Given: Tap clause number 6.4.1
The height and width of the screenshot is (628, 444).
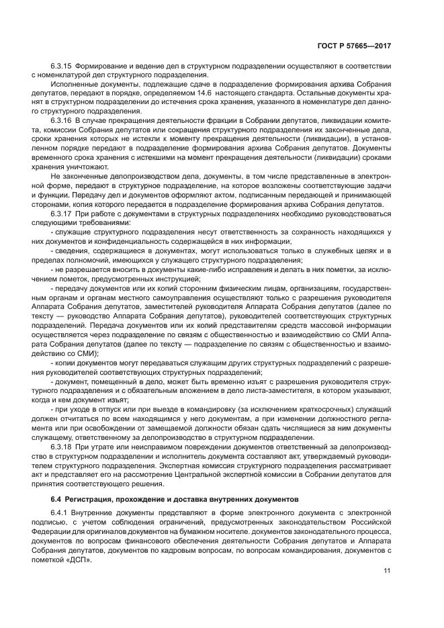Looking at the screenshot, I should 60,512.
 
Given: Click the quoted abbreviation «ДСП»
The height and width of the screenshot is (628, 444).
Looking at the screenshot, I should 79,559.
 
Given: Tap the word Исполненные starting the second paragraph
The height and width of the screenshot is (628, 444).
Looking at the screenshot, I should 75,83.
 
